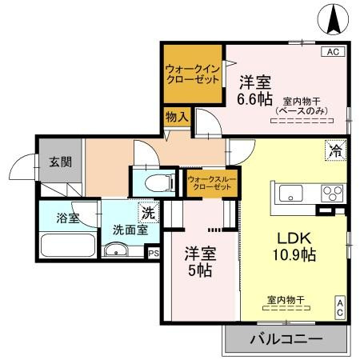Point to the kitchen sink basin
click(290, 192)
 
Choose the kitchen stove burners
click(330, 192)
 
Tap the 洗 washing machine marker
click(146, 213)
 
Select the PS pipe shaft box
click(153, 251)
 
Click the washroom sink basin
click(117, 250)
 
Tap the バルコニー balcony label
click(285, 338)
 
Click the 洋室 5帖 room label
click(198, 262)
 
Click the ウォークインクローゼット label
click(192, 74)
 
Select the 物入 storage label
click(177, 118)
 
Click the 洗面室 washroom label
click(130, 229)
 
